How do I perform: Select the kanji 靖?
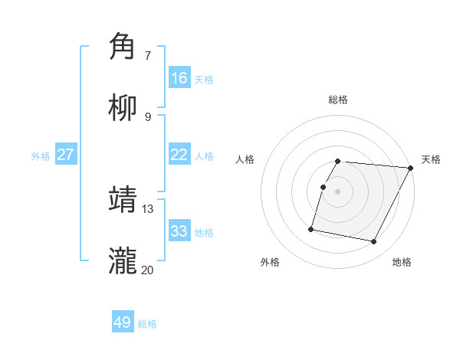[123, 199]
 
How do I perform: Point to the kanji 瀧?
[123, 260]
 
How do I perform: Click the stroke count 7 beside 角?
[148, 55]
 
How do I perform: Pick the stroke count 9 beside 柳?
[148, 116]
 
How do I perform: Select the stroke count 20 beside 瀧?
[147, 270]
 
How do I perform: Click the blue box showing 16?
[179, 78]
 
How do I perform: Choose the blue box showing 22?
[179, 155]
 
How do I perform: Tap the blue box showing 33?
[179, 231]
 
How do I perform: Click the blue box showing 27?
[66, 155]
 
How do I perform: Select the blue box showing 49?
[123, 322]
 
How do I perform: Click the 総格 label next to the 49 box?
[147, 324]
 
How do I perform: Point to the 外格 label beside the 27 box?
[41, 156]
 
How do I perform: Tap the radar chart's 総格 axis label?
[338, 100]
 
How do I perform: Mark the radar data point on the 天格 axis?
[411, 169]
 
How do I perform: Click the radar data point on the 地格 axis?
[374, 242]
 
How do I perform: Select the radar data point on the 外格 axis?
[311, 229]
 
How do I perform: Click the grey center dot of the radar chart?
[338, 191]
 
